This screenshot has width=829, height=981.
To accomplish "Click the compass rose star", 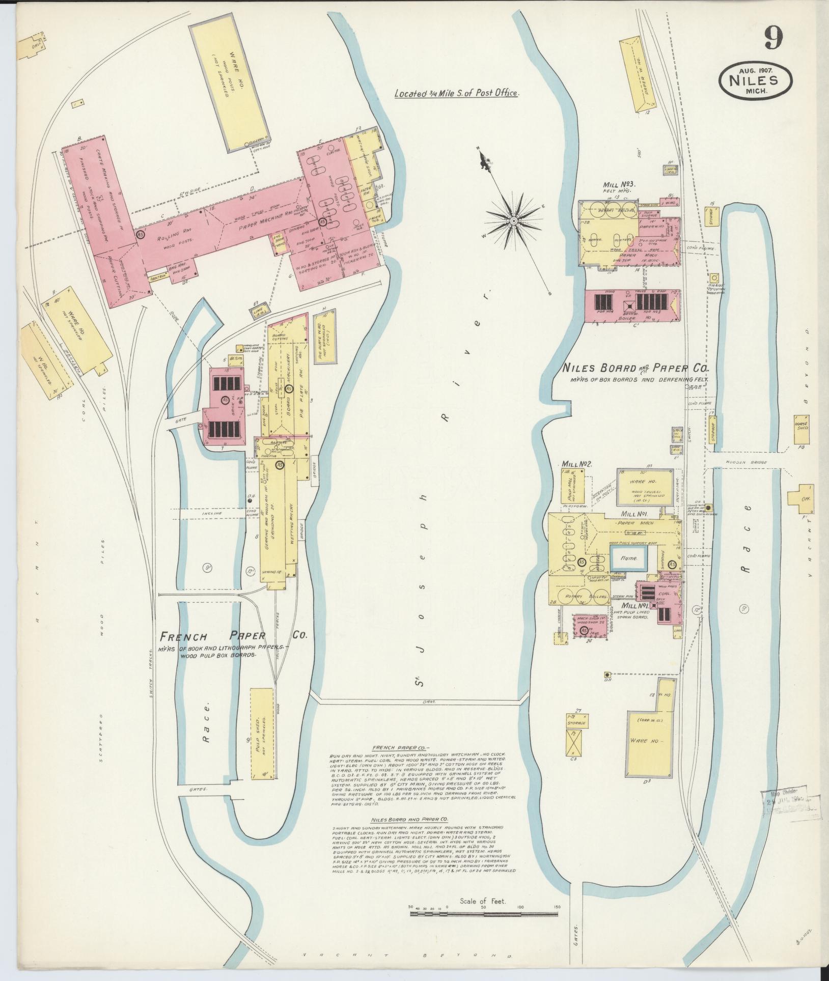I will point(514,221).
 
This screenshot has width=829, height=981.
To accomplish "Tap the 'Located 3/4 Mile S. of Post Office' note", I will point(457,94).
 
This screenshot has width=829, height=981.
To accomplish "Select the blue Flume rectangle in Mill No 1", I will point(629,559).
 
